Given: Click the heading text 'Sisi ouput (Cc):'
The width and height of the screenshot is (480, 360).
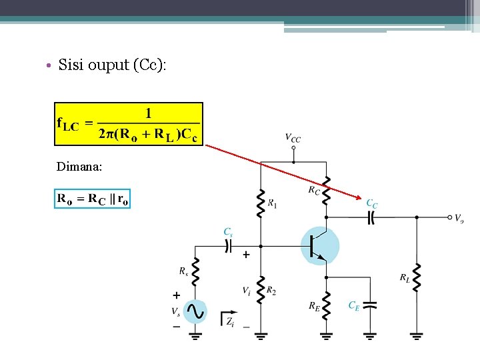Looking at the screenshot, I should tap(113, 65).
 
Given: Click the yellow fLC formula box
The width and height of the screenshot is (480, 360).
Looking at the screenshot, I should tap(129, 123).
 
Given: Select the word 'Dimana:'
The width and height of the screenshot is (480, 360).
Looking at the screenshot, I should tap(80, 167).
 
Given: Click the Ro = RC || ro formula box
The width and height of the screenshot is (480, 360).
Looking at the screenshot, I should tap(93, 199).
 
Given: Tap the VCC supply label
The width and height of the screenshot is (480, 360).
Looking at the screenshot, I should tap(293, 139).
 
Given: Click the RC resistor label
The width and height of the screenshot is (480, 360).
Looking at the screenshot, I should tap(314, 191).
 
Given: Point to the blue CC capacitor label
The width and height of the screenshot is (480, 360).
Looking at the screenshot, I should tap(372, 203).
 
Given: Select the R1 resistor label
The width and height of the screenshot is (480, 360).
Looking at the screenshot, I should tap(272, 203).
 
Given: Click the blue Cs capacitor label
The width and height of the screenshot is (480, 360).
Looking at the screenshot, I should tap(228, 232).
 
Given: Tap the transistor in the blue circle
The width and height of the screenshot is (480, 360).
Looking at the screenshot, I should tap(320, 245).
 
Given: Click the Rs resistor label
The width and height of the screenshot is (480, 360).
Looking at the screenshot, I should tap(183, 271).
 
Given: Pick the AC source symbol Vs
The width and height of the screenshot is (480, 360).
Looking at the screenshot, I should tap(195, 311).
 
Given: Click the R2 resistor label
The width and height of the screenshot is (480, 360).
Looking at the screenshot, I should tap(271, 291).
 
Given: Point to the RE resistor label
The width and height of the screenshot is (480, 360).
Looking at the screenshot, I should tap(314, 306).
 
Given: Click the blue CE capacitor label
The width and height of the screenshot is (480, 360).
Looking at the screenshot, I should tap(354, 305).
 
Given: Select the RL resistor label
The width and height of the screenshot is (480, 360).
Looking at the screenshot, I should tap(405, 277).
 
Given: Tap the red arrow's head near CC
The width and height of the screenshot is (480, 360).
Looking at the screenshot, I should tap(361, 197).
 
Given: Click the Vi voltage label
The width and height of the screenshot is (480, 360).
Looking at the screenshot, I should tap(247, 291).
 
